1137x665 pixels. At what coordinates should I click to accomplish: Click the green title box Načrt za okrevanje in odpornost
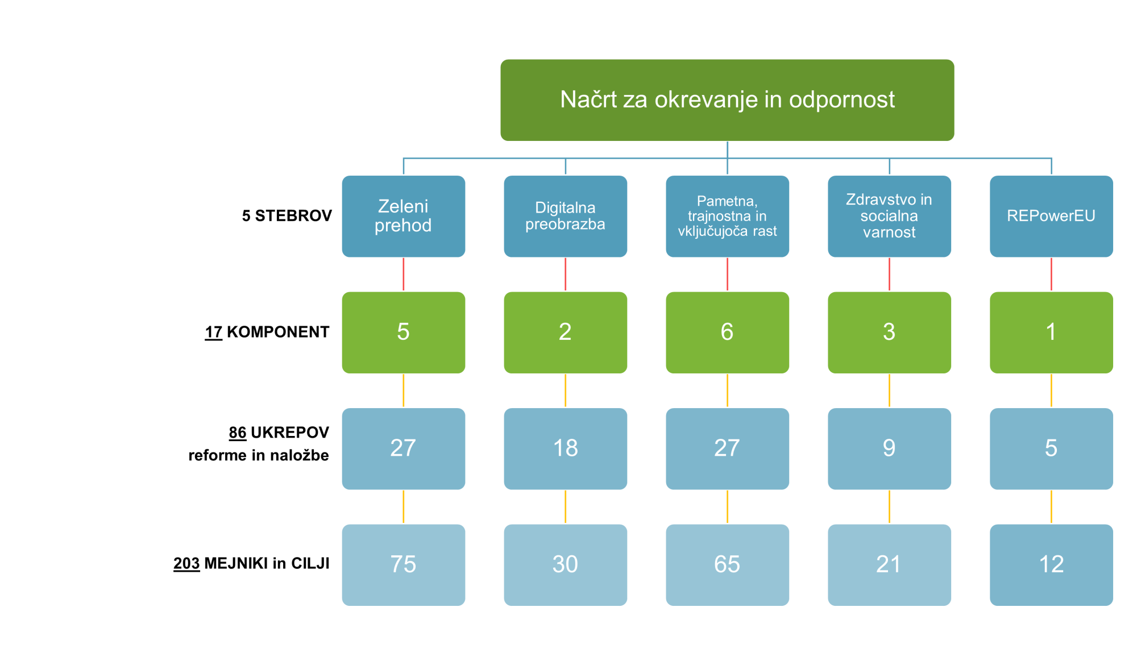pos(727,100)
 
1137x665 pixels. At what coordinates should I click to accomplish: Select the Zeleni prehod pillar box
pos(404,216)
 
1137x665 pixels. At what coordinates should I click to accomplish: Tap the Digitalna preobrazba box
pos(566,216)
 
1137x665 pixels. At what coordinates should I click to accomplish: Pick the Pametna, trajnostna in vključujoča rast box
pos(728,216)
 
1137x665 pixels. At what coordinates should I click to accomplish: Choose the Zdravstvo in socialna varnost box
pos(890,216)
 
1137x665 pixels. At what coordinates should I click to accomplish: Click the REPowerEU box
pos(1052,216)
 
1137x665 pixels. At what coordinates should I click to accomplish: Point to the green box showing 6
pos(728,332)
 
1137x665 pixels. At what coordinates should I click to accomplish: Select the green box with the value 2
pos(566,332)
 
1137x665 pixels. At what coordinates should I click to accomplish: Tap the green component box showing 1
pos(1052,332)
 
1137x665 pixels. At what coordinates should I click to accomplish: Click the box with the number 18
pos(566,448)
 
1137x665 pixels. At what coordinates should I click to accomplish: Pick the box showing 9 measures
pos(890,448)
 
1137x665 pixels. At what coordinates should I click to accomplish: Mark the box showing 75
pos(404,565)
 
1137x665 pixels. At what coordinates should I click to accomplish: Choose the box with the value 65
pos(728,565)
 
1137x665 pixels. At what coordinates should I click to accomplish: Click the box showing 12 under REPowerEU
pos(1052,565)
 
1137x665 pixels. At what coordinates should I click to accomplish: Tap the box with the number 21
pos(890,565)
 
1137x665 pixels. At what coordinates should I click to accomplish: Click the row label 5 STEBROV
pos(287,216)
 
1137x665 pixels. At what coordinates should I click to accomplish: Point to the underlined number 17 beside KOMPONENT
pos(214,332)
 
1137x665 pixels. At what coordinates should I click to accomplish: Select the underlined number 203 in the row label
pos(186,563)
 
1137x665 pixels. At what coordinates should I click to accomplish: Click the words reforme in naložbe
pos(259,455)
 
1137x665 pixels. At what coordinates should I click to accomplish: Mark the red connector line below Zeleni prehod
pos(404,275)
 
